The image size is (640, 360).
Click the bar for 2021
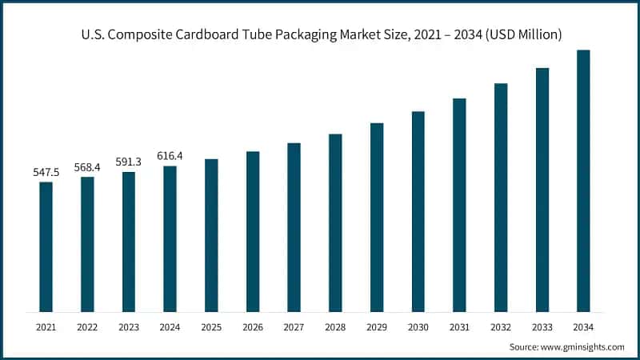(x=46, y=246)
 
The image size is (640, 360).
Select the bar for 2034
(x=583, y=181)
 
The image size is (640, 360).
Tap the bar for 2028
(x=335, y=222)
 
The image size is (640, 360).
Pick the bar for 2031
(x=459, y=205)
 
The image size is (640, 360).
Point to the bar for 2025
(x=211, y=235)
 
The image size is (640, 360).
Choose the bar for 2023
(x=129, y=242)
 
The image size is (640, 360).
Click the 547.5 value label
(x=46, y=172)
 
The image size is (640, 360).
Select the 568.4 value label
(x=87, y=167)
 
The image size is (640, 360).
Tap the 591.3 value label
(x=128, y=162)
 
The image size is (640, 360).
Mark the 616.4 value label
(x=170, y=156)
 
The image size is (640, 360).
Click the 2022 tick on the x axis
(x=87, y=327)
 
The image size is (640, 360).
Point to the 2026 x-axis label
(x=253, y=327)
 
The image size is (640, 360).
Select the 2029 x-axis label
(x=377, y=327)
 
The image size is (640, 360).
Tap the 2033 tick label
(x=542, y=327)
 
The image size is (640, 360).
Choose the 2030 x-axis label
(x=418, y=327)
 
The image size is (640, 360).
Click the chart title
(x=320, y=34)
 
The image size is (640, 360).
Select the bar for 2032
(x=501, y=198)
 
